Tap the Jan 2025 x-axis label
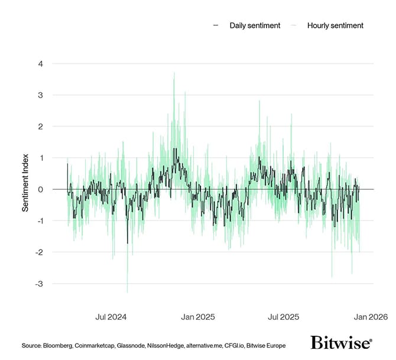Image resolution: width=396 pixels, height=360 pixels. point(199,317)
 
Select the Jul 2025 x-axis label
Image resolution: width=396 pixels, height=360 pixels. point(283,317)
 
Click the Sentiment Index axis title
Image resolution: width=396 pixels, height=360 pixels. point(25,190)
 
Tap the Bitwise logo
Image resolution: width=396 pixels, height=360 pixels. point(341,343)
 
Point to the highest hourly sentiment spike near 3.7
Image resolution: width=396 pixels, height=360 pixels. point(174,73)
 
